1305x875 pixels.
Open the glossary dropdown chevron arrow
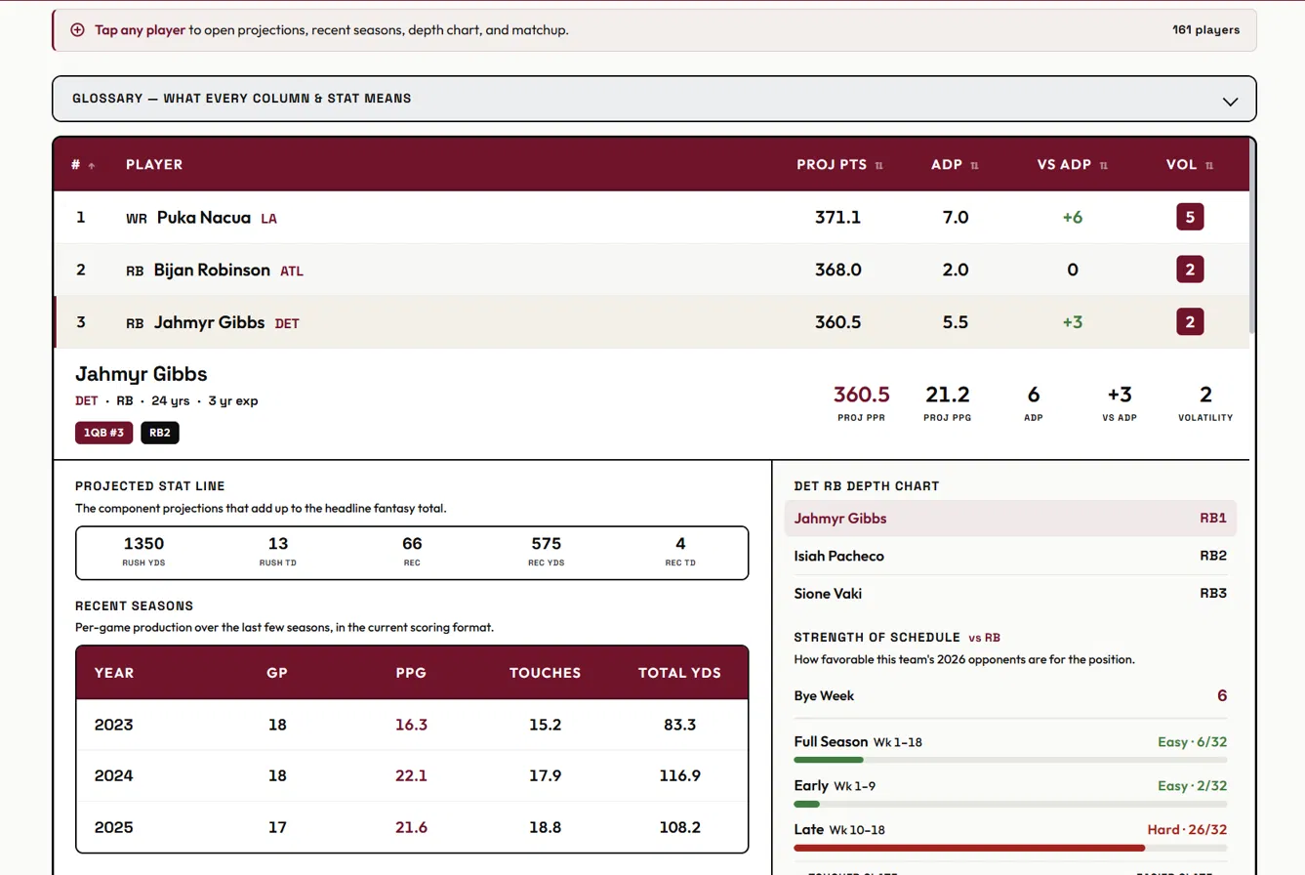click(1230, 102)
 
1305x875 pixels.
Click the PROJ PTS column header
click(832, 164)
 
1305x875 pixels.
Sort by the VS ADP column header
click(1064, 164)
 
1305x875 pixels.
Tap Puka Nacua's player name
click(203, 218)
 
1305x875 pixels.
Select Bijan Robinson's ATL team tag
click(291, 271)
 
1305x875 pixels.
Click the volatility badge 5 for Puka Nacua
click(1190, 217)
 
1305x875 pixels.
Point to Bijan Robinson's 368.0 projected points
click(837, 270)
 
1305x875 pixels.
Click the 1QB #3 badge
click(103, 433)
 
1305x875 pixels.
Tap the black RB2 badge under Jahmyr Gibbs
click(160, 433)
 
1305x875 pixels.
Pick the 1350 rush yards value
click(143, 543)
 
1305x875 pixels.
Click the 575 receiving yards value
click(546, 543)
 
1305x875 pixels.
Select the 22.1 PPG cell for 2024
click(411, 775)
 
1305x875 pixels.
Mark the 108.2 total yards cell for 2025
click(679, 827)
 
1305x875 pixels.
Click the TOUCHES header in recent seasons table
click(545, 673)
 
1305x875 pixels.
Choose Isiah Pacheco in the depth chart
click(838, 556)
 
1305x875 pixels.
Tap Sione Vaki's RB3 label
click(1213, 593)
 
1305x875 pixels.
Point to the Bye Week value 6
click(1222, 695)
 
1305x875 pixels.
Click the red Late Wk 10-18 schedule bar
click(969, 848)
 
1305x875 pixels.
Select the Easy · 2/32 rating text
click(1192, 786)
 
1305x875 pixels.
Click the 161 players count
click(1205, 29)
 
